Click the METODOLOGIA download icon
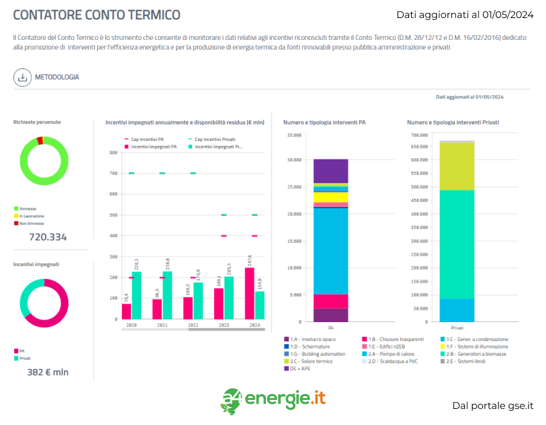[22, 77]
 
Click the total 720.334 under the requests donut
[48, 237]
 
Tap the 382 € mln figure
[48, 372]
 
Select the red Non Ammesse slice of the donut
[40, 140]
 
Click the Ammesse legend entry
[28, 208]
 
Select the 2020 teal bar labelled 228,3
[137, 295]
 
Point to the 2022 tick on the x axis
[193, 325]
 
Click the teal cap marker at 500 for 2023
[224, 215]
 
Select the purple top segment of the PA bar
[331, 171]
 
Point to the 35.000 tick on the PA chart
[294, 135]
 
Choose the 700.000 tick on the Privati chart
[418, 135]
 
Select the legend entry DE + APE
[299, 368]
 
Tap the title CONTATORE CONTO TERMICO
[97, 15]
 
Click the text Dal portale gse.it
[493, 406]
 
